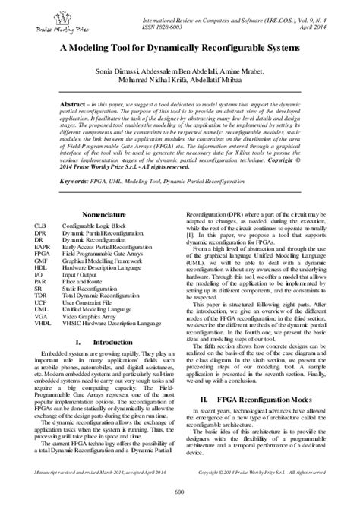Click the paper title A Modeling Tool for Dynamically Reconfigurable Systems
180,47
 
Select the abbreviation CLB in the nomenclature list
42,227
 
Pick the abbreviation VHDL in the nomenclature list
44,324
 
